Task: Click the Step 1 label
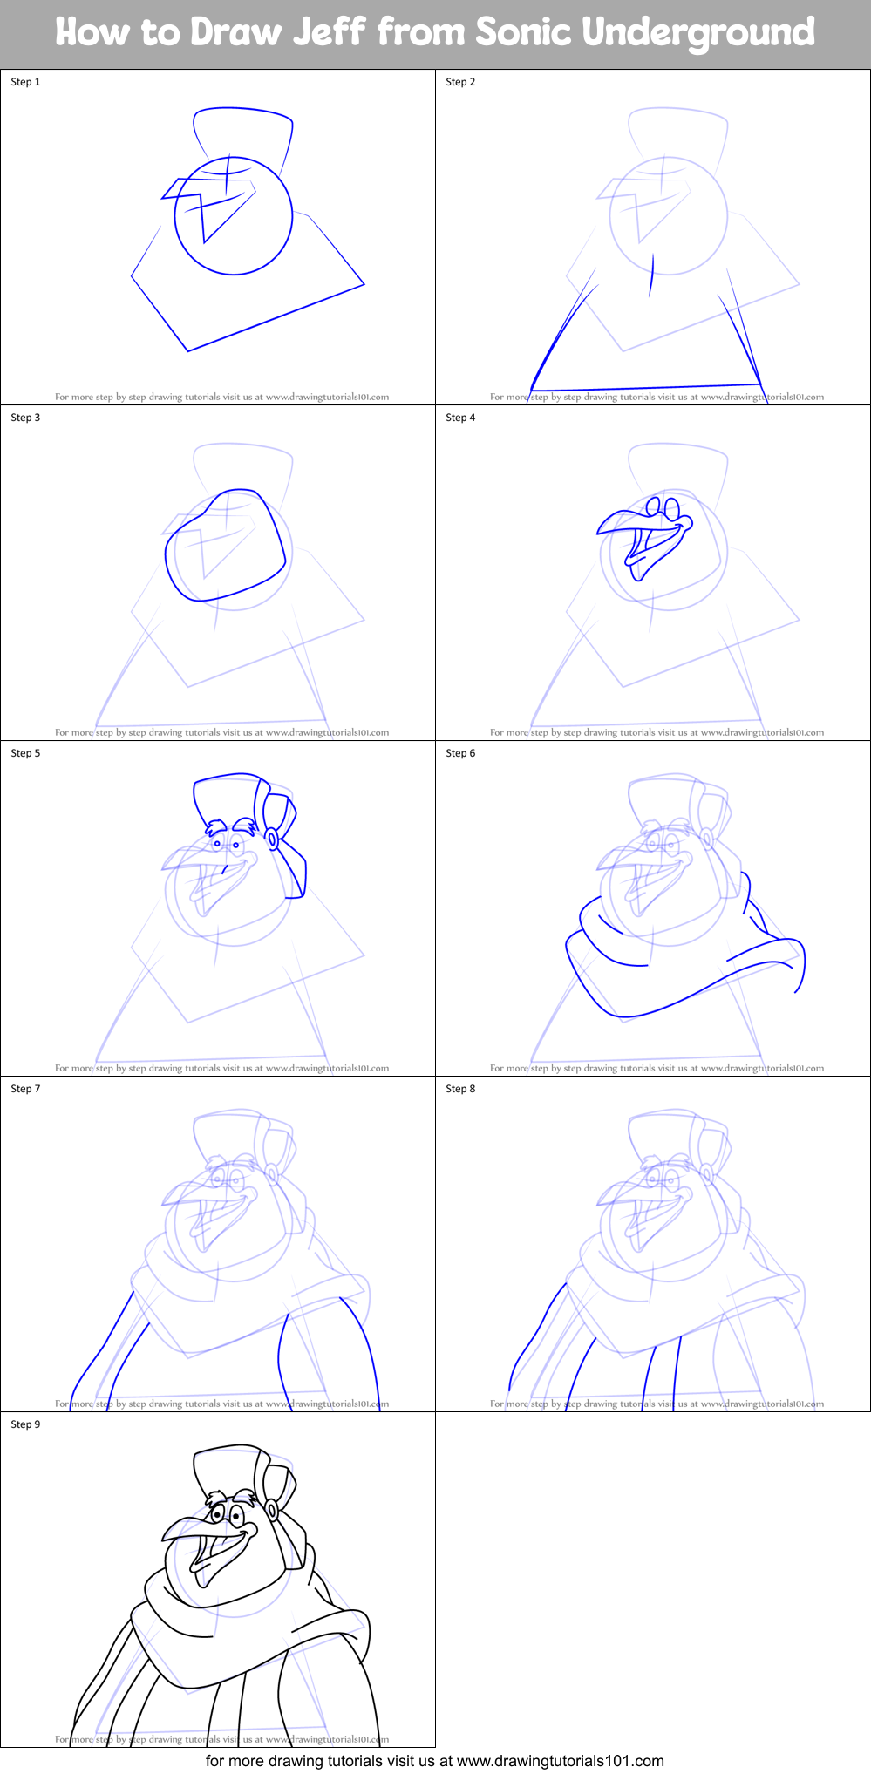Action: [x=25, y=82]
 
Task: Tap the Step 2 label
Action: [x=460, y=82]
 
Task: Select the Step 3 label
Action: [x=25, y=418]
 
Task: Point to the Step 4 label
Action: [x=460, y=418]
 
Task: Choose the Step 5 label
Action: [x=25, y=753]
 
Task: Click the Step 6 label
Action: [x=460, y=753]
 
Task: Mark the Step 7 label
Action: [x=25, y=1089]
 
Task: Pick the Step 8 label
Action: [x=460, y=1089]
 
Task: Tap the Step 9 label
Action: [x=25, y=1424]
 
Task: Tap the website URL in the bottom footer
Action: [x=560, y=1760]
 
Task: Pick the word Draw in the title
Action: [x=235, y=32]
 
